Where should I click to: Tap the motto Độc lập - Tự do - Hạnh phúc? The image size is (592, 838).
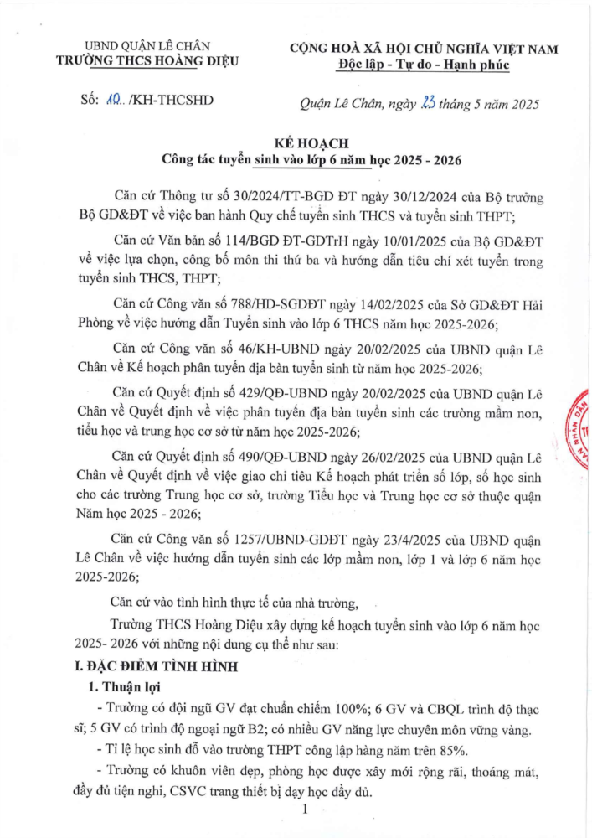(424, 65)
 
